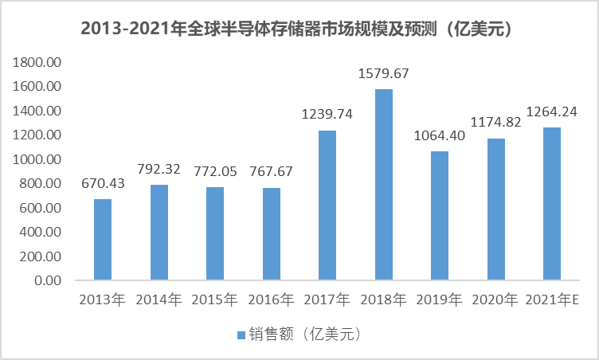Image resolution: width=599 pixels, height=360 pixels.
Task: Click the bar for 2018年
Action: pos(384,185)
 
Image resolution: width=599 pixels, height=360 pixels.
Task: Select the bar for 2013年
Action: pos(103,240)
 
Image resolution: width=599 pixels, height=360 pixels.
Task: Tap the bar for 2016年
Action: pos(271,234)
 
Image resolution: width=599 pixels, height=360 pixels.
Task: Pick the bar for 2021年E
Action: pos(552,204)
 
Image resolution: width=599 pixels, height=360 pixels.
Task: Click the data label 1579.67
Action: pos(383,74)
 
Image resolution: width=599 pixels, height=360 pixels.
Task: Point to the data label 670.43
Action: pos(103,185)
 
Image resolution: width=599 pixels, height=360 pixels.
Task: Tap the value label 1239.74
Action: pos(327,115)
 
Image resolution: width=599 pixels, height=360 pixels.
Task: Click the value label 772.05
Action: pos(215,172)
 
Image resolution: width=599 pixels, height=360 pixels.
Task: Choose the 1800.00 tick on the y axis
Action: pos(37,62)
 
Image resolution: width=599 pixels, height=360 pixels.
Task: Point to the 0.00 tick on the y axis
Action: pos(46,281)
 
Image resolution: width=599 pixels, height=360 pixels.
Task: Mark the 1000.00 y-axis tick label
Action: pos(37,159)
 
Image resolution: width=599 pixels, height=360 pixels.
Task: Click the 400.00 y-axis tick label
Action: pos(41,233)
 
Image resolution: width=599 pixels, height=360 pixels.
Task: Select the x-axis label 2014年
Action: pos(159,300)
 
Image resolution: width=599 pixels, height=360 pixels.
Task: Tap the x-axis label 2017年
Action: pos(327,300)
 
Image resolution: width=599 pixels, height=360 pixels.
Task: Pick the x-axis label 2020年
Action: pos(495,300)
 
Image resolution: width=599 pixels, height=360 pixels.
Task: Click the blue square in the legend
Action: pos(241,334)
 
